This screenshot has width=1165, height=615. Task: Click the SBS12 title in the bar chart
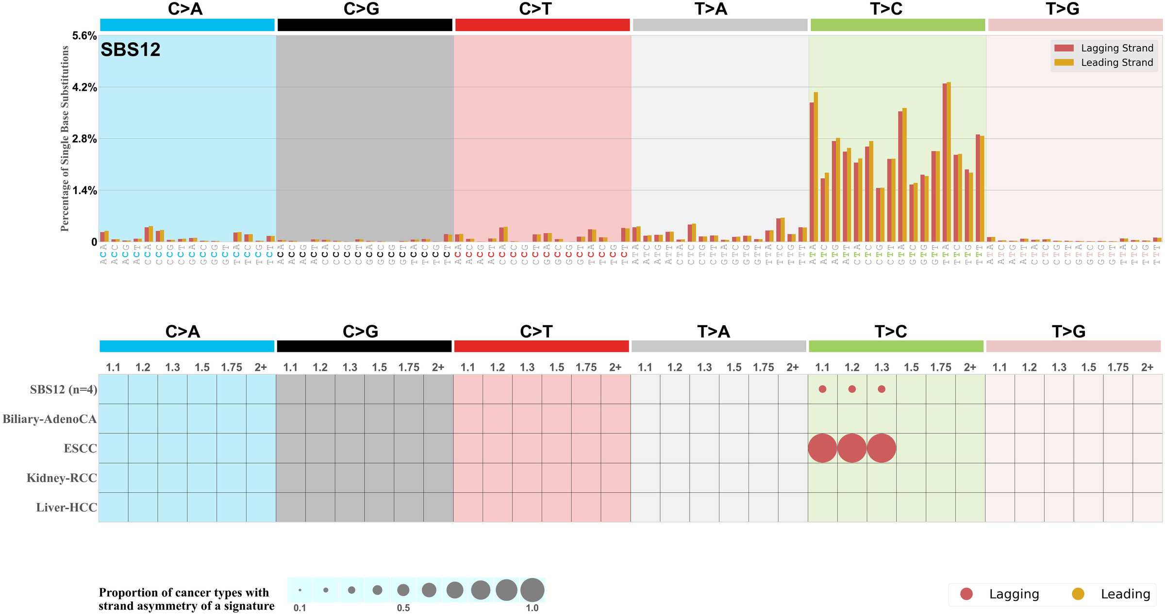point(130,50)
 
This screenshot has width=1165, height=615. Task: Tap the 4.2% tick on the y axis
point(84,87)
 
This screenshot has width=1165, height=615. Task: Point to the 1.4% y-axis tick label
point(84,191)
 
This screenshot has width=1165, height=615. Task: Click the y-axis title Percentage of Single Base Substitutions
point(65,138)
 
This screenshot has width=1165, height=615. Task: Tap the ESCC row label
point(80,449)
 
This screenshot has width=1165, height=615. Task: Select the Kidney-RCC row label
point(62,478)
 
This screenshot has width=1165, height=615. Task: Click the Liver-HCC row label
point(67,508)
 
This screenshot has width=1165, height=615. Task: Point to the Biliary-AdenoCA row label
point(50,419)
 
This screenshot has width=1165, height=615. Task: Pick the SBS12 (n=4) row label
point(64,390)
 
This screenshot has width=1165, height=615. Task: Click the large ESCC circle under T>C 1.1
point(822,448)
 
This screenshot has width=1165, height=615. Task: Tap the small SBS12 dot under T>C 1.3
point(882,389)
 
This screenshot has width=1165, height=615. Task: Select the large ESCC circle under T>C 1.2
point(852,448)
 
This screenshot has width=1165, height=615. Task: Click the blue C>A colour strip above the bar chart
point(187,25)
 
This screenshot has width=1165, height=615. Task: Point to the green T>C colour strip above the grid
point(896,347)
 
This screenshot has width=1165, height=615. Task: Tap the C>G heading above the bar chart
point(361,9)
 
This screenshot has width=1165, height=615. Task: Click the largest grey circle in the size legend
point(532,590)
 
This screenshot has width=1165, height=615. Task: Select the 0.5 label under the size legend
point(403,608)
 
